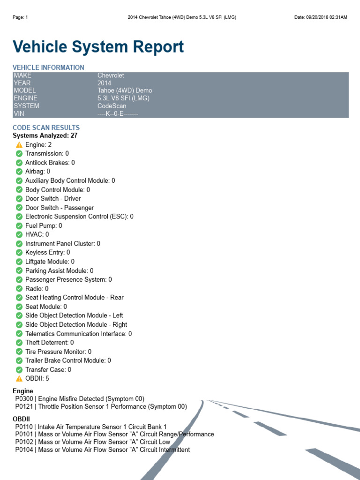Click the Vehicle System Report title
coord(98,47)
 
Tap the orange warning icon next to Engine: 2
coord(19,145)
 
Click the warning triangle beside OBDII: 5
coord(19,379)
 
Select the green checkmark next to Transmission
coord(19,154)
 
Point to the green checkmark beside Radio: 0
coord(19,289)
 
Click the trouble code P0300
coord(24,399)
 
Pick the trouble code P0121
coord(24,406)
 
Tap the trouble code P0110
coord(24,427)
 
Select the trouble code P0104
coord(24,450)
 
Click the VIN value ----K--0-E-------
coord(118,114)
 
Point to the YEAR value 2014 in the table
coord(105,83)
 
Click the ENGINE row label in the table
coord(25,98)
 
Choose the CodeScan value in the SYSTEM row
coord(112,106)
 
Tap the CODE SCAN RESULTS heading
coord(46,127)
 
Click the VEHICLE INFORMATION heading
coord(48,67)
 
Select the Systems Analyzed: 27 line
coord(45,135)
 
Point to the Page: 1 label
coord(20,17)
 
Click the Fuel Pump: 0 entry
coord(44,225)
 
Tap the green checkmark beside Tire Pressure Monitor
coord(19,352)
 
